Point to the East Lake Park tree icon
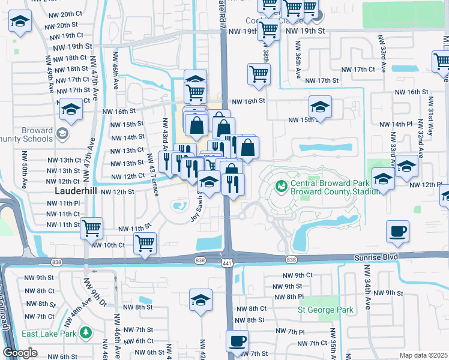click(86, 332)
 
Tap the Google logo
click(20, 353)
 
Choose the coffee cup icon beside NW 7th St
click(237, 341)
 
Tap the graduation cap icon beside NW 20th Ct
click(20, 22)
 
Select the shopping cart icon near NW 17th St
click(259, 74)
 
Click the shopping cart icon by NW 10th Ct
click(145, 244)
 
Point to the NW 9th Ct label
click(298, 275)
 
